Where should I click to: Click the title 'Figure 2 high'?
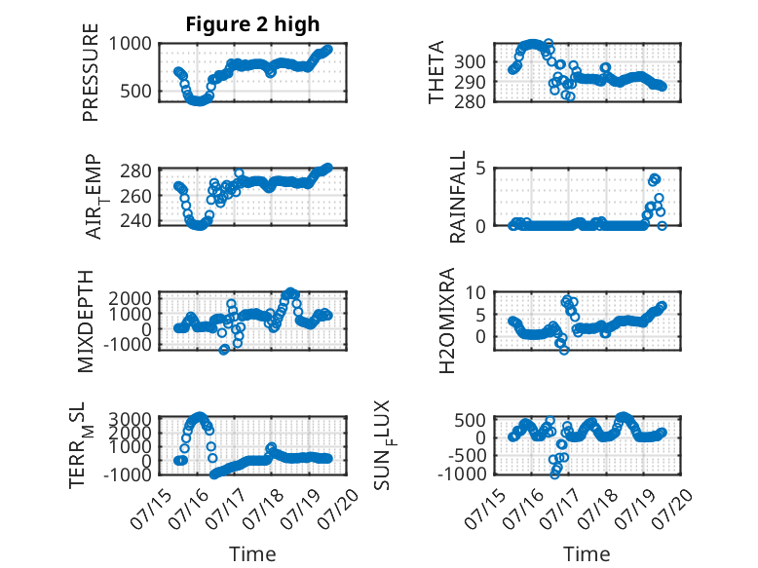click(252, 24)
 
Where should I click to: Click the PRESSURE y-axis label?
click(91, 72)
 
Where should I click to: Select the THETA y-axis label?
click(436, 72)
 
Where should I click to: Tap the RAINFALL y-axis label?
click(457, 197)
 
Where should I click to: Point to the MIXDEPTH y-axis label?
click(85, 322)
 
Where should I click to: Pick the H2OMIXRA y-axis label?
click(447, 321)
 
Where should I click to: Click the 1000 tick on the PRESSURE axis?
click(130, 44)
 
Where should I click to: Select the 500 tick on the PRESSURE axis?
click(135, 91)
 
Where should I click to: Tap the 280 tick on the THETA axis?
click(470, 101)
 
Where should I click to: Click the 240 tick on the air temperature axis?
click(135, 221)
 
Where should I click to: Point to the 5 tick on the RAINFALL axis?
click(480, 169)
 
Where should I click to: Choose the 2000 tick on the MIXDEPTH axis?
click(130, 298)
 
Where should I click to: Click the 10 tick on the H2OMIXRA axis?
click(475, 292)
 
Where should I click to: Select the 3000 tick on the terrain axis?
click(130, 419)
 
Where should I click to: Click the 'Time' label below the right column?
click(587, 554)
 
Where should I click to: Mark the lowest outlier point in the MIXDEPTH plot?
click(223, 350)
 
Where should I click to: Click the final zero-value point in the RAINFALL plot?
click(662, 225)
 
